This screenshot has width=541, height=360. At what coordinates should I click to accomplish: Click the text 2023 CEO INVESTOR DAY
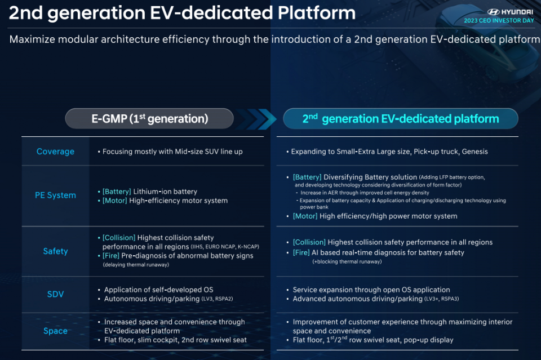click(x=499, y=21)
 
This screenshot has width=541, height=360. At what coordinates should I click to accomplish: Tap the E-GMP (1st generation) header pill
click(x=149, y=119)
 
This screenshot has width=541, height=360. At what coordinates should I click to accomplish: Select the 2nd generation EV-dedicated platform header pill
click(x=401, y=119)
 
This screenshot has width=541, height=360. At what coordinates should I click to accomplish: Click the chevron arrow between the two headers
click(x=257, y=119)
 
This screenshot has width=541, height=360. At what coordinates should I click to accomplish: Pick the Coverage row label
click(x=55, y=152)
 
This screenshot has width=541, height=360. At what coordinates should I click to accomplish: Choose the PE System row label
click(x=55, y=195)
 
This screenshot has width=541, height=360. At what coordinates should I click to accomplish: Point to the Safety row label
click(x=55, y=251)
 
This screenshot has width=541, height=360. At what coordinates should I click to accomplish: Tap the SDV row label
click(x=55, y=294)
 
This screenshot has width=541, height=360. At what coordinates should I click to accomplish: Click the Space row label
click(x=55, y=331)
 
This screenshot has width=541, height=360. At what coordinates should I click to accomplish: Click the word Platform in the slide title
click(x=317, y=13)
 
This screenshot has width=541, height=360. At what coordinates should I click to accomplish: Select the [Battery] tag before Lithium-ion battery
click(x=117, y=192)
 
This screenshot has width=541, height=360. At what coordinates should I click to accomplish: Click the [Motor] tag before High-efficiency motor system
click(x=114, y=201)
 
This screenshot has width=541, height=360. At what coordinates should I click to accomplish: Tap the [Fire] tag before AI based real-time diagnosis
click(x=301, y=253)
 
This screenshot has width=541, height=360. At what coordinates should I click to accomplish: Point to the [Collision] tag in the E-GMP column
click(x=119, y=238)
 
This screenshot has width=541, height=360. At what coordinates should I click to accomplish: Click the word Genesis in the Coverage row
click(x=475, y=152)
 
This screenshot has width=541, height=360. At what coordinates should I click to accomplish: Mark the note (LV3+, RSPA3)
click(x=442, y=299)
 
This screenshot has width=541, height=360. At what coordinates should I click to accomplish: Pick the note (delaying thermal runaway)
click(x=136, y=265)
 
